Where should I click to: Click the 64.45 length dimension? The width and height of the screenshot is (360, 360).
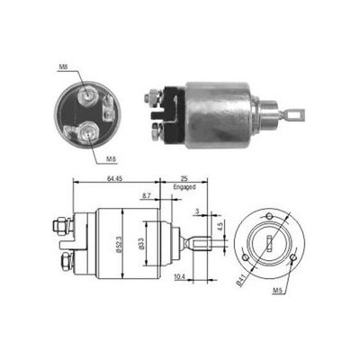coord(114,178)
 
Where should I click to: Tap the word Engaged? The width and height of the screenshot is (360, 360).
coord(184,187)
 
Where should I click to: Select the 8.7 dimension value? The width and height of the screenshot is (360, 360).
coord(147,195)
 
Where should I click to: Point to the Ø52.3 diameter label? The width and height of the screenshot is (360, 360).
coord(119,244)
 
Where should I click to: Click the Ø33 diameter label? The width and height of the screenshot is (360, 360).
coord(141,244)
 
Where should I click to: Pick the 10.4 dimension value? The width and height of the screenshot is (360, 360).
coord(179,278)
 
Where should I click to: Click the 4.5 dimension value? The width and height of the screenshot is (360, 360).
coord(220,226)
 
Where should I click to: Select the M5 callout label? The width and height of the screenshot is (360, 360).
coord(277,290)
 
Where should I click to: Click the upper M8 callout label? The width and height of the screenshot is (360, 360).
coord(62,67)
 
